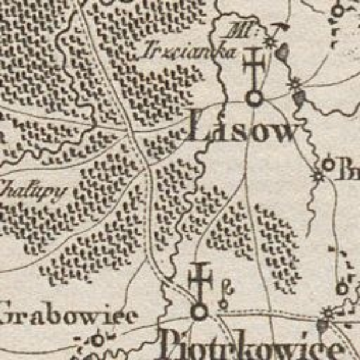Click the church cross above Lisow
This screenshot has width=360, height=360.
(x=253, y=66)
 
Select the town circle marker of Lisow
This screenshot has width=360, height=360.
(x=254, y=98)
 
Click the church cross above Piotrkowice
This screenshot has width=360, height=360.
(x=200, y=280)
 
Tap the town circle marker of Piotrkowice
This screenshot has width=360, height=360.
(x=199, y=312)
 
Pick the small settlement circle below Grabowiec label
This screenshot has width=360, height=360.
(x=98, y=339)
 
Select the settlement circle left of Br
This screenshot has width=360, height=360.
(x=328, y=165)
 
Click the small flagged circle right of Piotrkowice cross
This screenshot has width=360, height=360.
(x=224, y=303)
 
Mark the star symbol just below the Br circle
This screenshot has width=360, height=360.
(x=318, y=175)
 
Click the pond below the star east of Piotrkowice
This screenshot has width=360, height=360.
(x=321, y=328)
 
